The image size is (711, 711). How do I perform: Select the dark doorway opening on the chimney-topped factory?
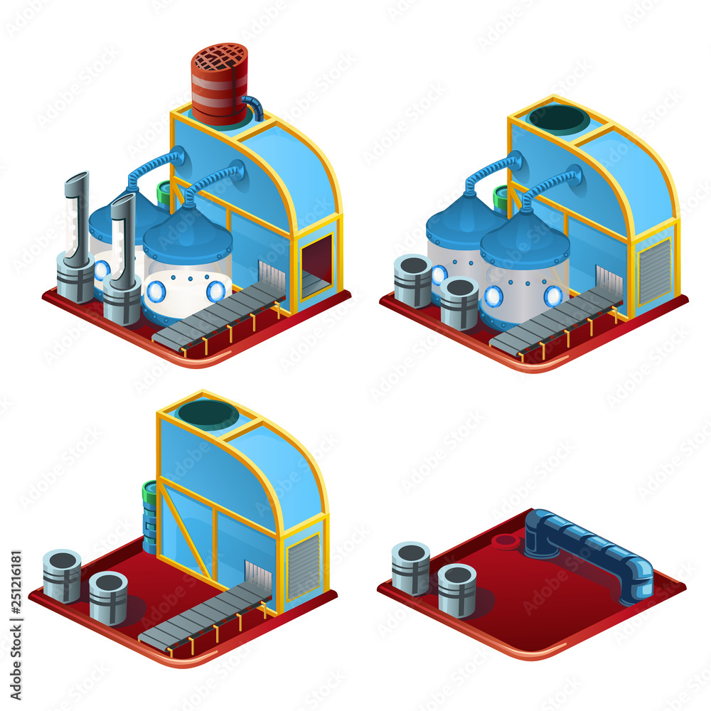(317, 262)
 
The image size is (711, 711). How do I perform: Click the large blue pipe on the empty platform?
(590, 551)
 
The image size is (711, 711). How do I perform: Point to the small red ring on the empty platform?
(506, 542)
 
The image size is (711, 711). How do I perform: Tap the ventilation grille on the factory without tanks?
(304, 565)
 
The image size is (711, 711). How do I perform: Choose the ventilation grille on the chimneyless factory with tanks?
(654, 271)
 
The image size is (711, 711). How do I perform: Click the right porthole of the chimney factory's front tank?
(215, 291)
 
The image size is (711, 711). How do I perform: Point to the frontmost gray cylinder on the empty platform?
(456, 589)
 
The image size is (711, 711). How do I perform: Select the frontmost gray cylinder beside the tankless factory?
(108, 597)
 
